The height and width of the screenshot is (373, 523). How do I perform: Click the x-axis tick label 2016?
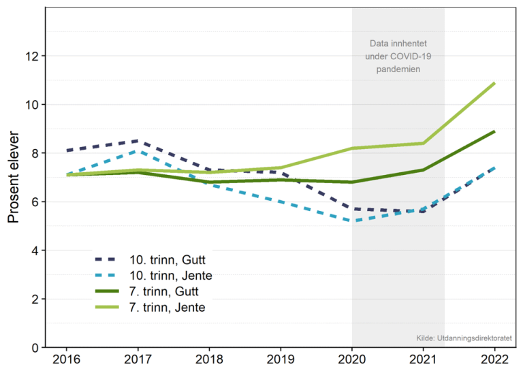[x=67, y=359]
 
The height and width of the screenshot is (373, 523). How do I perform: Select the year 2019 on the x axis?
[x=281, y=359]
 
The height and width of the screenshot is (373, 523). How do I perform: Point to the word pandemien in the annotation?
[x=398, y=69]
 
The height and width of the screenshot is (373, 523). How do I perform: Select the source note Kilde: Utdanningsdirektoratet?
[x=464, y=338]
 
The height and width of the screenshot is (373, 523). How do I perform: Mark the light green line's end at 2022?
[x=494, y=83]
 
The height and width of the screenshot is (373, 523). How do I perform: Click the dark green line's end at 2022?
[x=494, y=131]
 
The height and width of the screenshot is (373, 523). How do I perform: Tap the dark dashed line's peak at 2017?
[x=138, y=141]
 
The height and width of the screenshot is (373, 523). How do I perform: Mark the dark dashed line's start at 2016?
[x=67, y=150]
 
